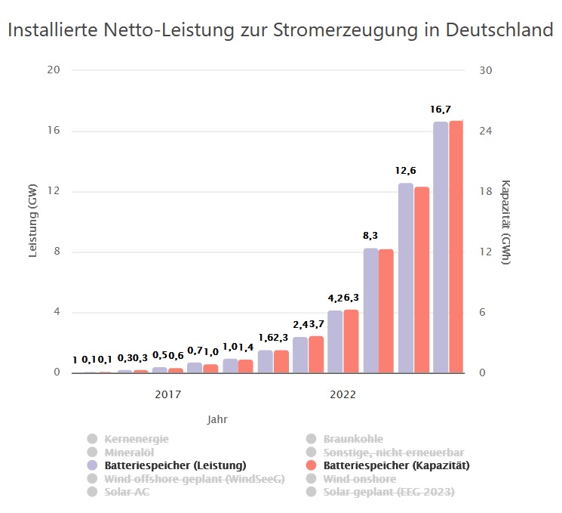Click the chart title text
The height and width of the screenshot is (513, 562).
click(281, 31)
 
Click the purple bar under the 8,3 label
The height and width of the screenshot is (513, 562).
click(370, 311)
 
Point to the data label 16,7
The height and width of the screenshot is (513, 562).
click(441, 110)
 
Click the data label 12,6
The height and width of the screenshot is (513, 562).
click(406, 172)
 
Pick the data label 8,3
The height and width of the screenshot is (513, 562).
click(370, 236)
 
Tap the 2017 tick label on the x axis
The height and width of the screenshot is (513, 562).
click(167, 394)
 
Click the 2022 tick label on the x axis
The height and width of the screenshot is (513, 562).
click(343, 394)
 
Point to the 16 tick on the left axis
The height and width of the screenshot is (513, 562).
click(54, 131)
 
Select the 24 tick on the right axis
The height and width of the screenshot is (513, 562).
click(486, 131)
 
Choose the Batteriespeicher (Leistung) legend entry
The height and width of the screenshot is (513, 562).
click(175, 465)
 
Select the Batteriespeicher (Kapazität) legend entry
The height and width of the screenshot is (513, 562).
click(396, 465)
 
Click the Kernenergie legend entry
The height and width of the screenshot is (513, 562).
click(137, 438)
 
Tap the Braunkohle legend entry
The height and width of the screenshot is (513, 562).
click(353, 438)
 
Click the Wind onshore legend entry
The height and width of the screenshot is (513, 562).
click(359, 479)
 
